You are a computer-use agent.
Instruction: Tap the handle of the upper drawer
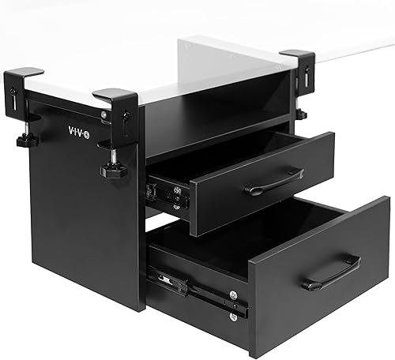[x=273, y=183]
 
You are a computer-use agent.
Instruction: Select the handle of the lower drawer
[x=331, y=272]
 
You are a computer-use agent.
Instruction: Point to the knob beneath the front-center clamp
[x=114, y=170]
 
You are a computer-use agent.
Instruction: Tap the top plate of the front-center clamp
[x=115, y=96]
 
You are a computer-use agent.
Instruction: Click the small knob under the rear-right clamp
[x=302, y=114]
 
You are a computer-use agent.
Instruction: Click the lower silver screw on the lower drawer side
[x=233, y=316]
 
